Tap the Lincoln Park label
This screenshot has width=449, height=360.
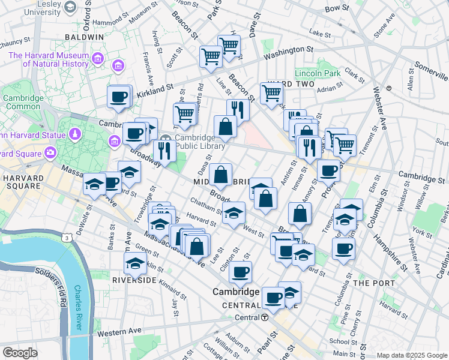pyautogui.click(x=317, y=73)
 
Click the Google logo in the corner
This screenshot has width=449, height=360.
pyautogui.click(x=20, y=353)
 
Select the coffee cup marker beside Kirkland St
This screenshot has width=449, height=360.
pyautogui.click(x=119, y=97)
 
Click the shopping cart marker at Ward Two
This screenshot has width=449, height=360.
pyautogui.click(x=272, y=93)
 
